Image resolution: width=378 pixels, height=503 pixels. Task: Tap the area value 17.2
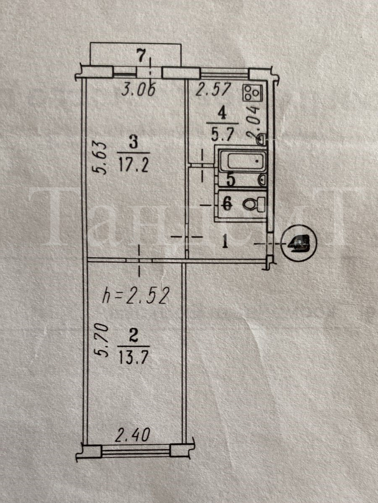point(134,161)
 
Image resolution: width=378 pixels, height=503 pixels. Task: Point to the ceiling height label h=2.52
point(136,297)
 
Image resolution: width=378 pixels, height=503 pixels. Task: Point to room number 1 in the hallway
point(225,242)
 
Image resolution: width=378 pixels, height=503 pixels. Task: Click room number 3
point(133,143)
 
